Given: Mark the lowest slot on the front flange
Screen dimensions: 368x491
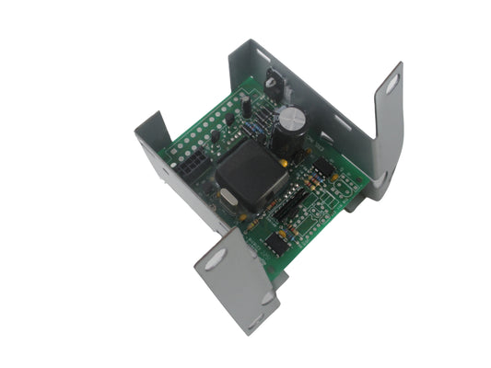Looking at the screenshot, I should point(268,301).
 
